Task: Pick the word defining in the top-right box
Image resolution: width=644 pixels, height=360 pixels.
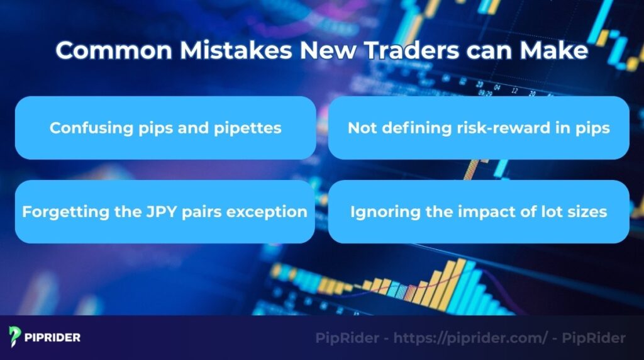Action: pos(408,128)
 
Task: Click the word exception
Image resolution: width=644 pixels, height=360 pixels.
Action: pos(270,211)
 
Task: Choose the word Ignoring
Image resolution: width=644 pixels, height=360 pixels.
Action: pos(380,211)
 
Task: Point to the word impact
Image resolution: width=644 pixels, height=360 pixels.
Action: pos(473,211)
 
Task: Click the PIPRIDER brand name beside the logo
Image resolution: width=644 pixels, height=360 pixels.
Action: pos(53,337)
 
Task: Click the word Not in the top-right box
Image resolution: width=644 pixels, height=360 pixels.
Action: pos(360,128)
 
